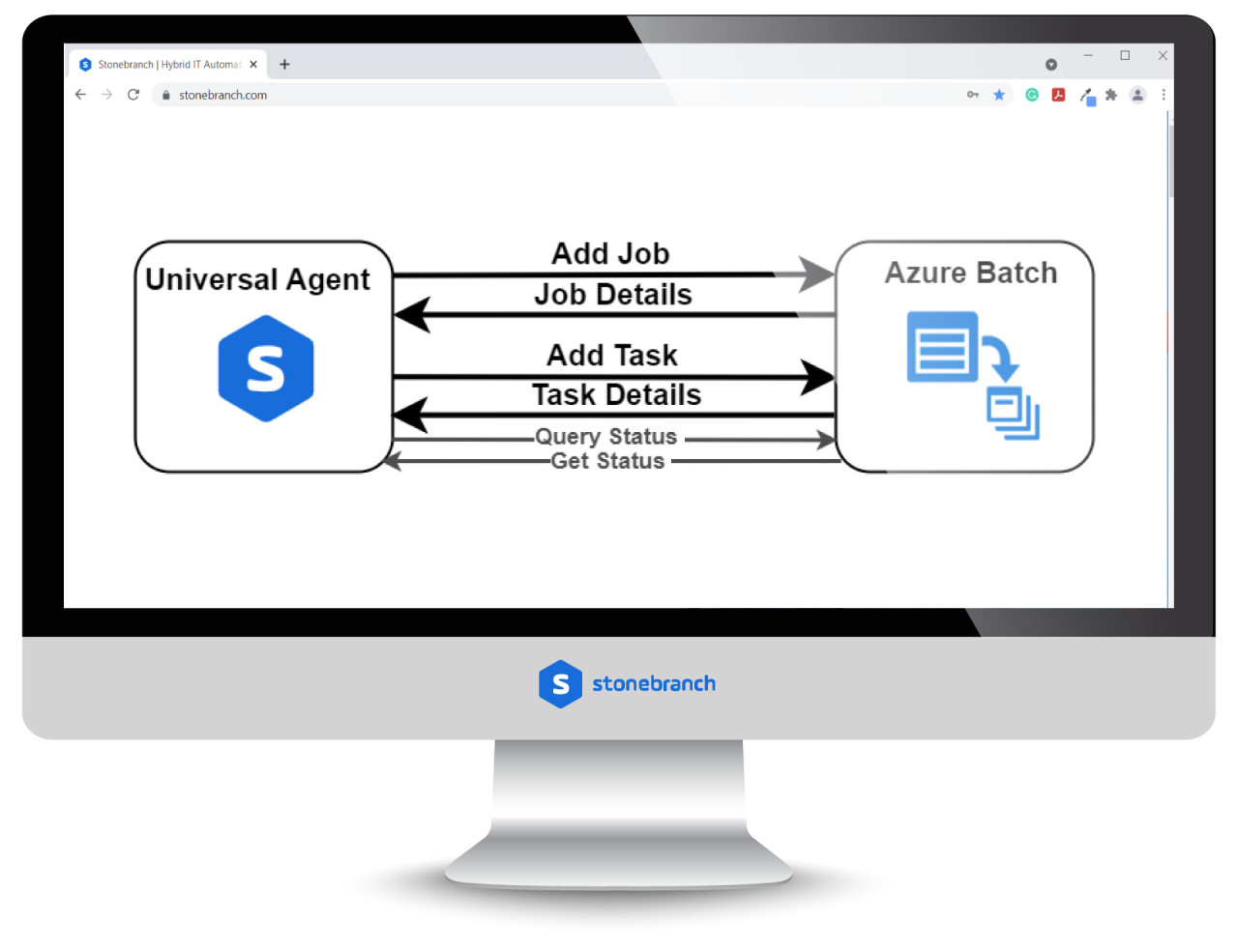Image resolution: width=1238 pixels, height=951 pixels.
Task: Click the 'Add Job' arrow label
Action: click(x=610, y=253)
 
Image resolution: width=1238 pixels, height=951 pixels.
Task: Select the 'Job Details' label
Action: click(x=613, y=295)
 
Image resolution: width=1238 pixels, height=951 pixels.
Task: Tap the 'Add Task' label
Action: click(x=612, y=355)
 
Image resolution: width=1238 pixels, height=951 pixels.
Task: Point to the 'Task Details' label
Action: click(x=616, y=395)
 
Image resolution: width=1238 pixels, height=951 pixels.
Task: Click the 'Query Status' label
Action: click(x=606, y=437)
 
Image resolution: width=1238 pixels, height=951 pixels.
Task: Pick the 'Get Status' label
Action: click(x=608, y=461)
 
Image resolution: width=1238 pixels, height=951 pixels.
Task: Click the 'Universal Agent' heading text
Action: click(x=257, y=279)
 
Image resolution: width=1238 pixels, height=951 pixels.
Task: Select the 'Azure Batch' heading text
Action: click(x=971, y=273)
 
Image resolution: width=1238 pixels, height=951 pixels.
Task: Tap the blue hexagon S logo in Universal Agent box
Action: click(x=266, y=368)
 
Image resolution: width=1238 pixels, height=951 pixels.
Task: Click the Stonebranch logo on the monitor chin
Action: click(x=627, y=684)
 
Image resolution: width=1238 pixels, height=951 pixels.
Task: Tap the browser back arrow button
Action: click(x=80, y=95)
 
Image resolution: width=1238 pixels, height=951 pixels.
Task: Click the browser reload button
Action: click(x=133, y=95)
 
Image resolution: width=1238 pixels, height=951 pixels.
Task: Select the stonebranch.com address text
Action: click(x=222, y=96)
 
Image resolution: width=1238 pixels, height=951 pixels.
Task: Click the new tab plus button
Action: click(x=284, y=65)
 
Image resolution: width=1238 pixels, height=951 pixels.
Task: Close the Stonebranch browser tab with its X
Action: click(x=253, y=65)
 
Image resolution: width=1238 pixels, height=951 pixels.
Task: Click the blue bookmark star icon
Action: click(x=999, y=95)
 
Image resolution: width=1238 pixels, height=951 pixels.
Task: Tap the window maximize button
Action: click(x=1125, y=56)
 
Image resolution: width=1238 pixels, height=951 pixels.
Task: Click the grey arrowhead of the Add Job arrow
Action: click(x=816, y=274)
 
